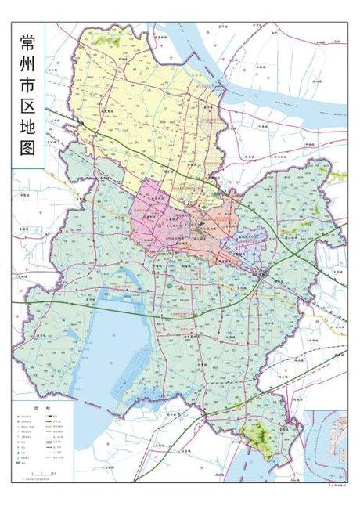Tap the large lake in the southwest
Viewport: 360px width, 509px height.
[x=110, y=345]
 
